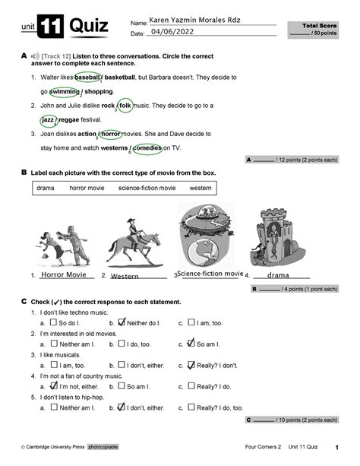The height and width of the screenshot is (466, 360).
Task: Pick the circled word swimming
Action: tap(65, 91)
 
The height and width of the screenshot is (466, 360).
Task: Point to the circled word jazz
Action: tap(50, 120)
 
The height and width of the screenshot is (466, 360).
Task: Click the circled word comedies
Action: tap(147, 148)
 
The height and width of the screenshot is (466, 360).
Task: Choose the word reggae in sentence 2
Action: tap(84, 120)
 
